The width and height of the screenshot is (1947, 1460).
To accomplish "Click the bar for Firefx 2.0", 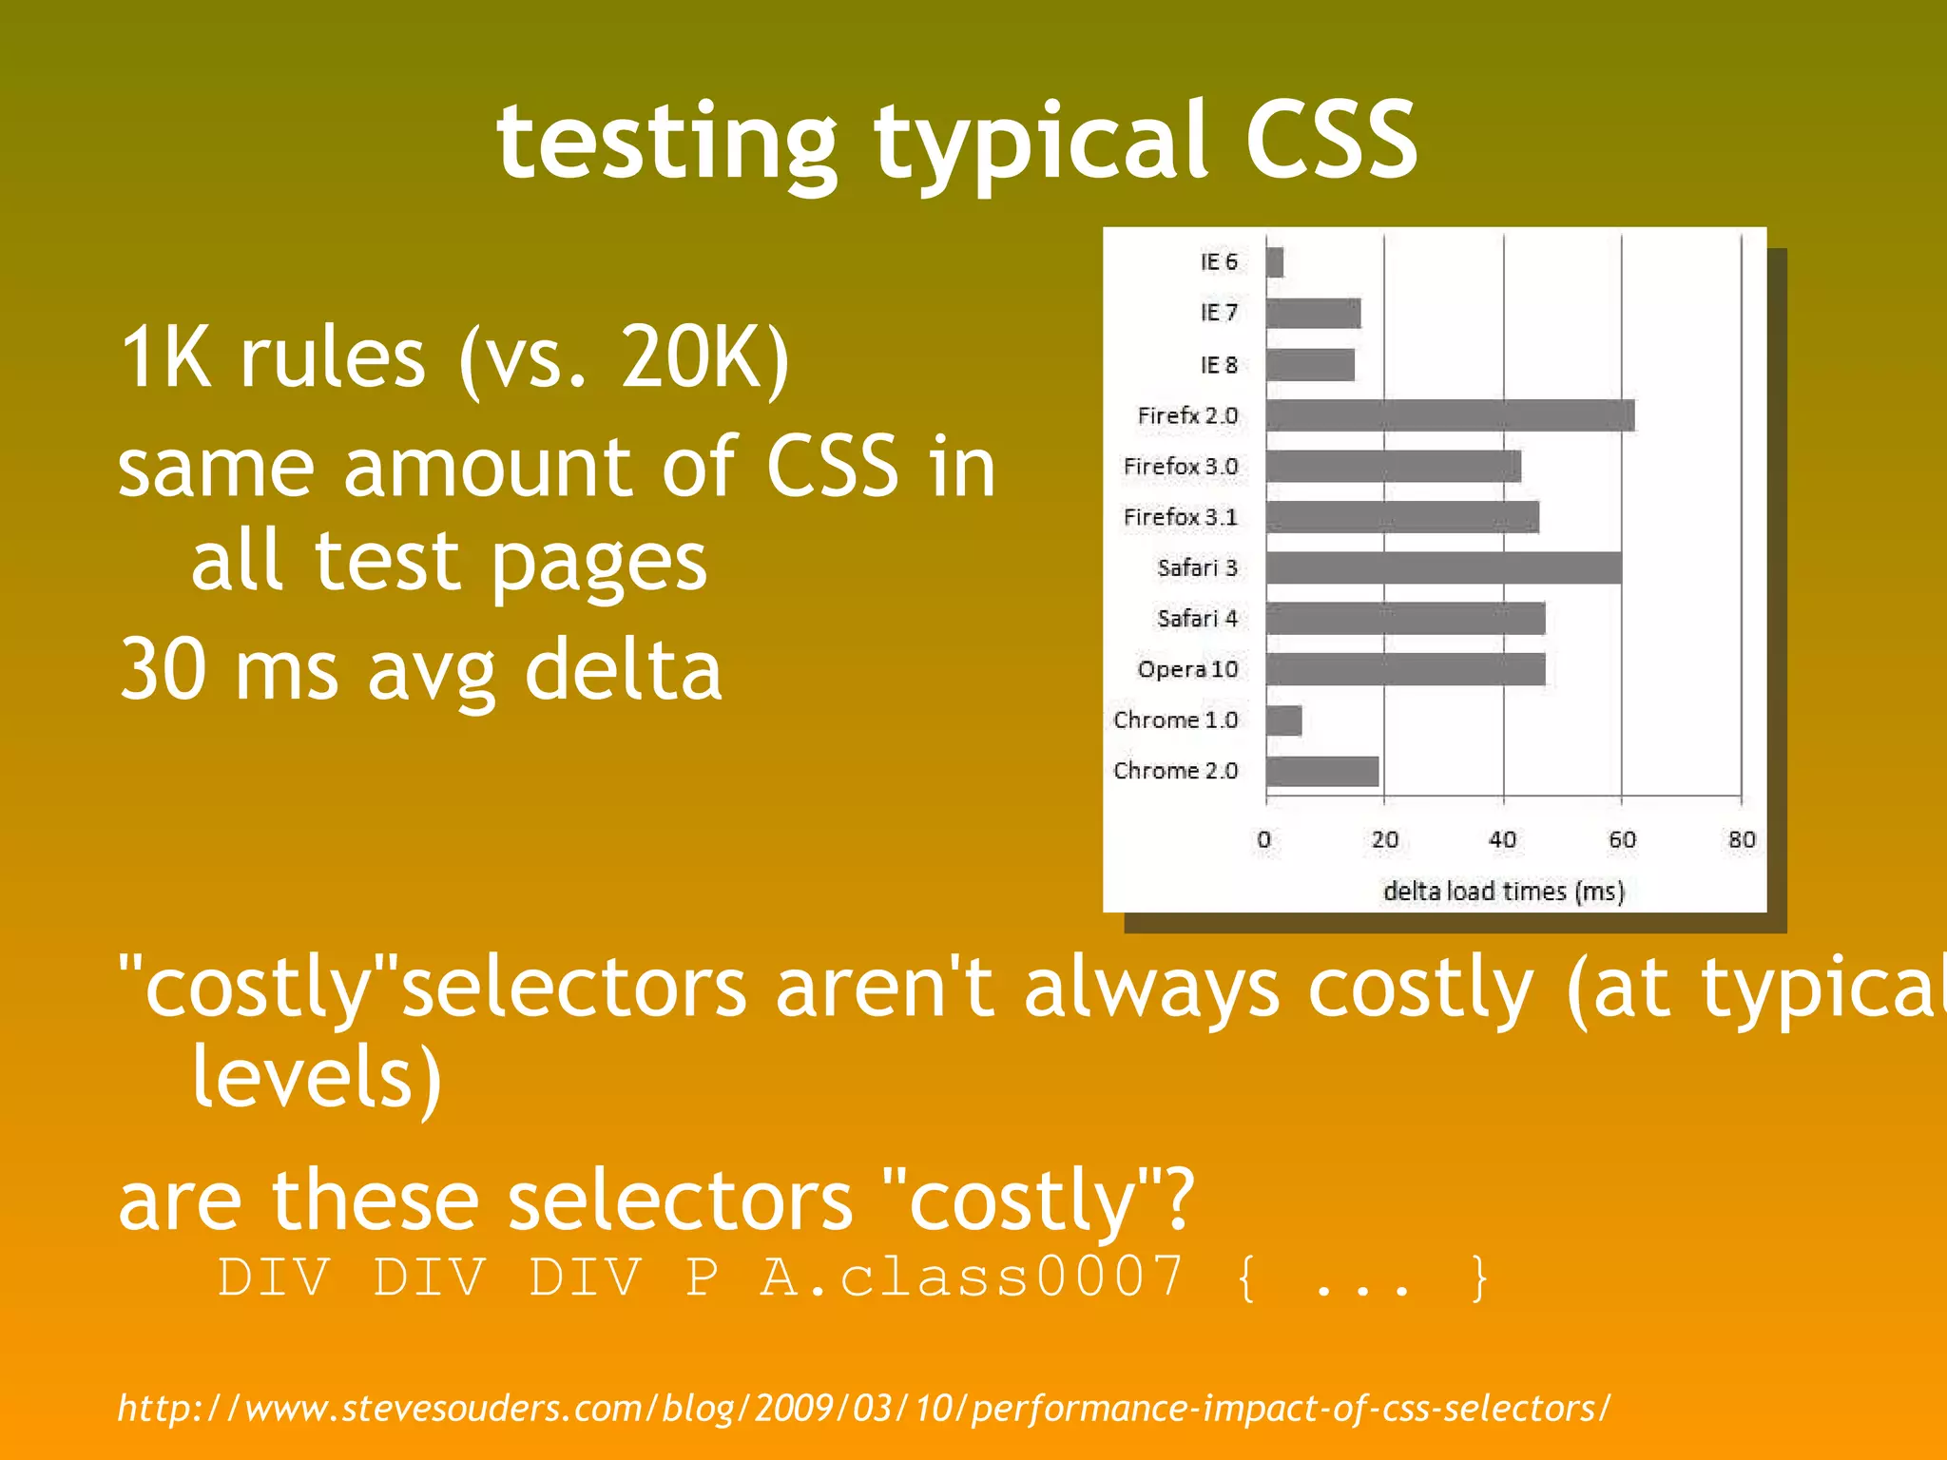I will coord(1450,415).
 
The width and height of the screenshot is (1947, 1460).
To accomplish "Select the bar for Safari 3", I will coord(1443,567).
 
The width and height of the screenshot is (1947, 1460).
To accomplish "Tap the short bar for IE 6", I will coord(1275,262).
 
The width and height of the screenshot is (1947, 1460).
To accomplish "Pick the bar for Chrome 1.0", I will coord(1283,720).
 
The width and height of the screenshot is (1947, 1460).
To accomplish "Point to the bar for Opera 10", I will coord(1405,669).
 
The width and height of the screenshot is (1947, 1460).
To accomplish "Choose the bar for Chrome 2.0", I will coord(1322,771).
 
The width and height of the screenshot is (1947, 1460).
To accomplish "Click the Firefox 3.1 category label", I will coord(1180,517).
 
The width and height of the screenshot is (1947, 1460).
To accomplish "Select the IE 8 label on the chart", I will coord(1219,365).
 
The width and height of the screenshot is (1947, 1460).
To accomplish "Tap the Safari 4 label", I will coord(1197,619).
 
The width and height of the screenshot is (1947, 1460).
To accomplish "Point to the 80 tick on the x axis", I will coord(1742,839).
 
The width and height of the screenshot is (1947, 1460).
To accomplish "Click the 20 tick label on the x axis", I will coord(1385,839).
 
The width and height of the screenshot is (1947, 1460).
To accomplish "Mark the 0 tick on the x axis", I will coord(1264,839).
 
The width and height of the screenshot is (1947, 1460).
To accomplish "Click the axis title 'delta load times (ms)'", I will coord(1504,892).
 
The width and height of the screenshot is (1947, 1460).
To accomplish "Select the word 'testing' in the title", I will coord(666,143).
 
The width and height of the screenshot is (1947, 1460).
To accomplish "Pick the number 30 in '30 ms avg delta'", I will coord(163,670).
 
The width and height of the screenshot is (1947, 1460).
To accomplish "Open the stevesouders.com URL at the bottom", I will coord(863,1408).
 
